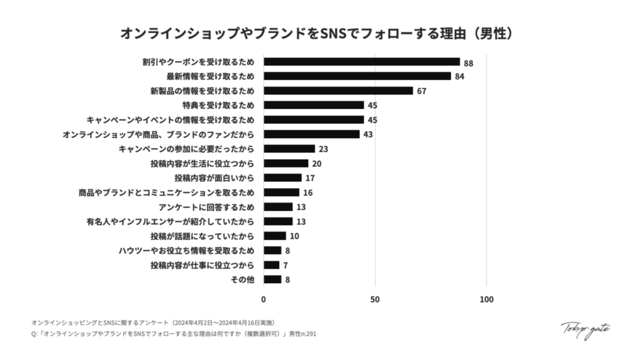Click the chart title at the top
319,33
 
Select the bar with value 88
361,62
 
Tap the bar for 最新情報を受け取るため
357,76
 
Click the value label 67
422,91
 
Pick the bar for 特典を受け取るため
314,105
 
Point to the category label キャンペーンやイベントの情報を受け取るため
171,119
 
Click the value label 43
368,134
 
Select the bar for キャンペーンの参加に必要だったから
289,149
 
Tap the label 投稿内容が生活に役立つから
202,163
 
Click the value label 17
310,178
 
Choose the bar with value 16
281,192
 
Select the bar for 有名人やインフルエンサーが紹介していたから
278,221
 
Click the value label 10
295,236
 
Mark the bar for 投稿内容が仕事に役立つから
271,265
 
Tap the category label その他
242,279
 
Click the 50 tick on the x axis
375,299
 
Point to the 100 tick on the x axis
486,299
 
